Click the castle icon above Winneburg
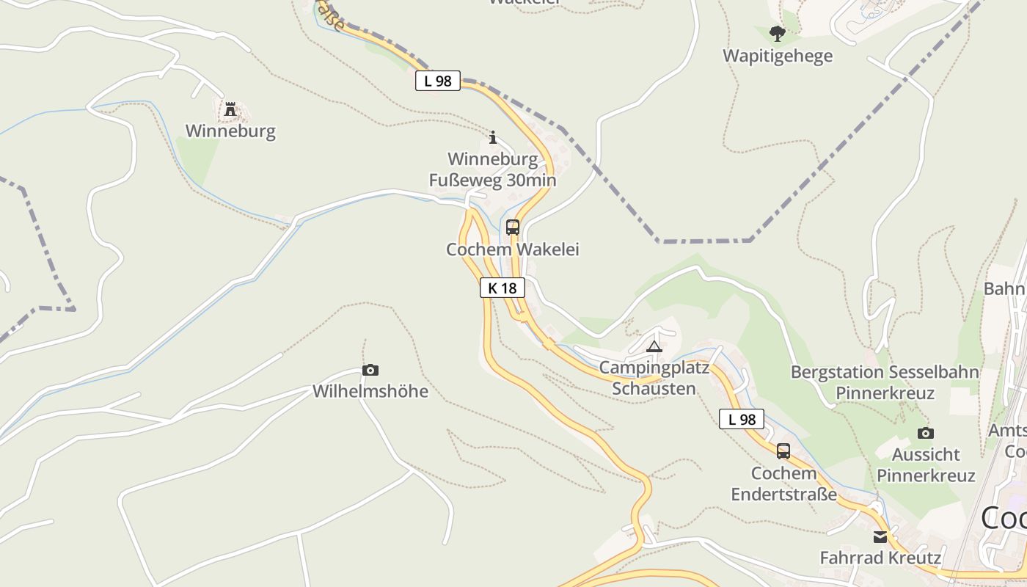pos(230,110)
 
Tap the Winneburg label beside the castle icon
pos(230,131)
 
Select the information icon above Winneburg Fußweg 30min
pos(493,137)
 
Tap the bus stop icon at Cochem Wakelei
pos(513,227)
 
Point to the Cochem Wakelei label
pos(513,249)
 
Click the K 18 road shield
pos(502,288)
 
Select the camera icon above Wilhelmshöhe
pos(370,370)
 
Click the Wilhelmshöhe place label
pos(370,391)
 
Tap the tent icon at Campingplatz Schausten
pos(654,346)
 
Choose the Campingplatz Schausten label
pos(654,378)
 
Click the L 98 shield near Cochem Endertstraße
pos(742,420)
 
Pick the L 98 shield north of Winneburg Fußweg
pos(438,81)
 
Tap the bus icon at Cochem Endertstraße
pos(783,451)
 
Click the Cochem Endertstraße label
pos(783,484)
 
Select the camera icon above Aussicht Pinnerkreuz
pos(926,433)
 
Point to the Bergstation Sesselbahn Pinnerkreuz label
pos(885,382)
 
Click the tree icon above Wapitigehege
pos(778,34)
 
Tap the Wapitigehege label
pos(778,56)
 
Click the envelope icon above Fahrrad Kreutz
pos(880,536)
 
